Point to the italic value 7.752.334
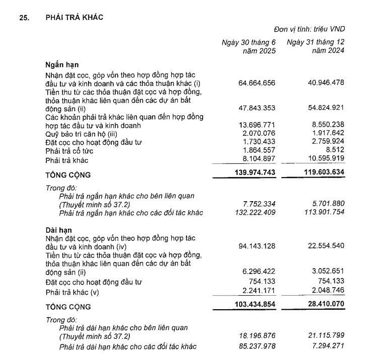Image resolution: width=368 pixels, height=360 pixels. point(258,204)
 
